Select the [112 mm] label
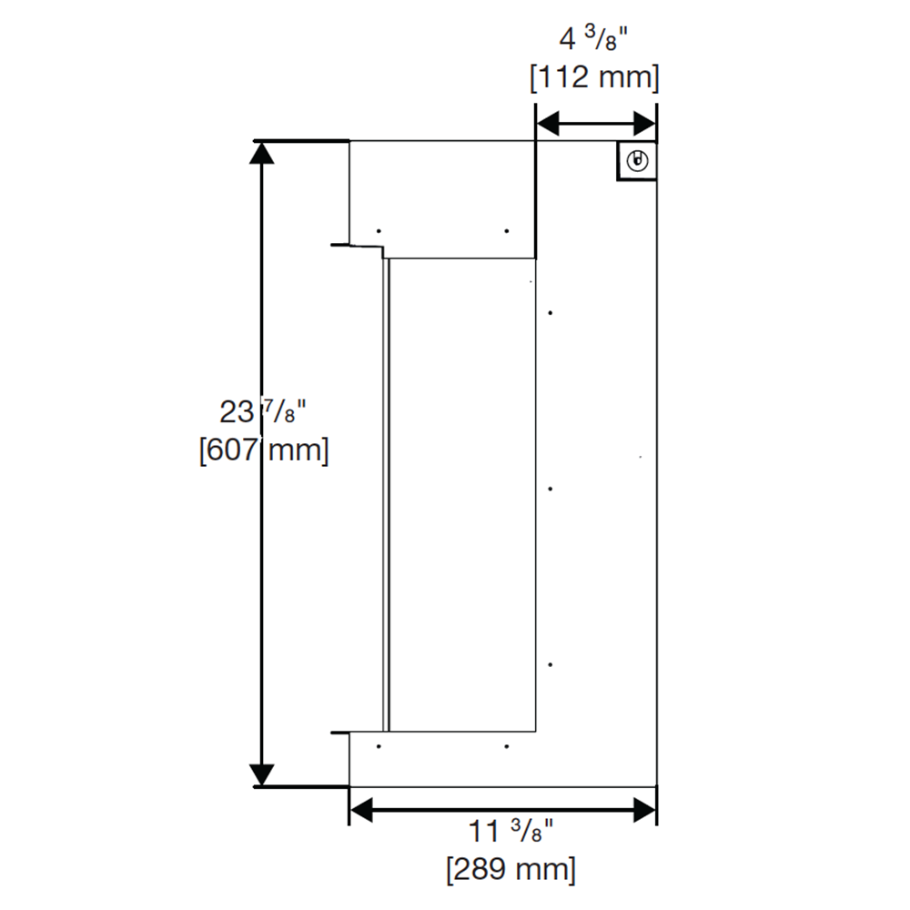594,78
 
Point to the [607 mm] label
264,450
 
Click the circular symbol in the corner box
638,161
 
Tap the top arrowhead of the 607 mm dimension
262,154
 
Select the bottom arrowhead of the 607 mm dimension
262,774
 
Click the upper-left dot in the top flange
379,230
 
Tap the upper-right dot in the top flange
506,230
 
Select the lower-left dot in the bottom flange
379,746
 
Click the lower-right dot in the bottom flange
506,746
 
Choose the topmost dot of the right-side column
551,313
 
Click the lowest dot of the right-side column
551,665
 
